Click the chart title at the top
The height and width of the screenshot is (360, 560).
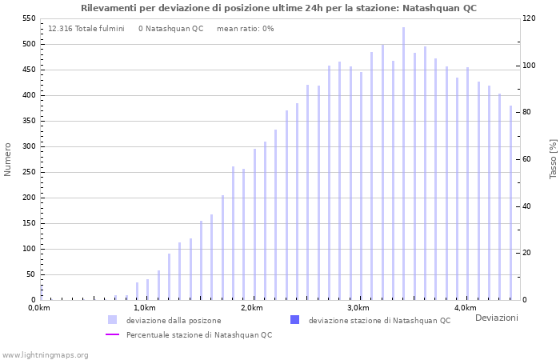click(x=278, y=8)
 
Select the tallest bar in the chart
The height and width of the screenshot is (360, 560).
click(x=403, y=164)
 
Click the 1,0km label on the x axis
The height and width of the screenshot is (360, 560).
click(x=145, y=308)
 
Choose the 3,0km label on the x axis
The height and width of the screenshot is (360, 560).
click(x=358, y=308)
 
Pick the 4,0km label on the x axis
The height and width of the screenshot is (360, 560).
click(x=465, y=308)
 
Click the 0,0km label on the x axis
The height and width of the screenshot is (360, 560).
click(x=39, y=308)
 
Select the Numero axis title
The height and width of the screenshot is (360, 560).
click(x=8, y=159)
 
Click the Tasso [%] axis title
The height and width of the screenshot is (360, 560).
click(x=553, y=159)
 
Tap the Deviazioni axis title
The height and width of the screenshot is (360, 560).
click(x=496, y=318)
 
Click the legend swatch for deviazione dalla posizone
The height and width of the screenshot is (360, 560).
click(x=112, y=320)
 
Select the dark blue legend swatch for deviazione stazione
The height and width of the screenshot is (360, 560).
click(x=294, y=320)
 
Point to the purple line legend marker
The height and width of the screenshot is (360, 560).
click(x=112, y=334)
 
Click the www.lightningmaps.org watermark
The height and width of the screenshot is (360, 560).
click(x=46, y=354)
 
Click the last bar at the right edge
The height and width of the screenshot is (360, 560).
click(x=510, y=203)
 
